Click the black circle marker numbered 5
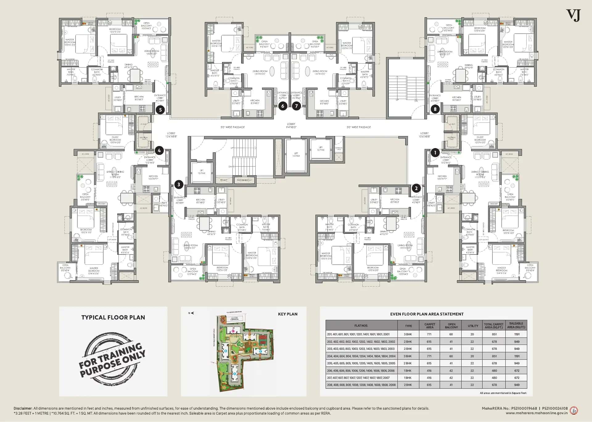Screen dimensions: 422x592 [160, 110]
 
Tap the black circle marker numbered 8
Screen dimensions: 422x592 [435, 109]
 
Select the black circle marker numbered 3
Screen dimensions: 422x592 [179, 184]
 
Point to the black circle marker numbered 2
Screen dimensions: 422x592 [416, 188]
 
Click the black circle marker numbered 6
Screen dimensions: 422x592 [283, 106]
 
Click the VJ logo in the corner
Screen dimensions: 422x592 [573, 15]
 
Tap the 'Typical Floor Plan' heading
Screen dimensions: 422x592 [113, 317]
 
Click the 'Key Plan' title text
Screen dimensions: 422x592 [288, 314]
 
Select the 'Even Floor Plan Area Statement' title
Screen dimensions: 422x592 [427, 314]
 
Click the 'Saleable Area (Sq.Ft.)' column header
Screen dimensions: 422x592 [516, 325]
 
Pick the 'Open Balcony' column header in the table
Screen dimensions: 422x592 [451, 325]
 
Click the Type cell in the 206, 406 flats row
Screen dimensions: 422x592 [408, 370]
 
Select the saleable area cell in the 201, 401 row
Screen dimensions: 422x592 [517, 334]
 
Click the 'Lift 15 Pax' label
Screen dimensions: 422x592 [296, 155]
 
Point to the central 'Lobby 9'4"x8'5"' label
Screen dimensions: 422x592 [291, 126]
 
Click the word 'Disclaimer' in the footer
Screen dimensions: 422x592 [23, 408]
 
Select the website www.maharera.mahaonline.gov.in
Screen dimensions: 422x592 [536, 413]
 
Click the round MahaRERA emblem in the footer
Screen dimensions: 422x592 [574, 411]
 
